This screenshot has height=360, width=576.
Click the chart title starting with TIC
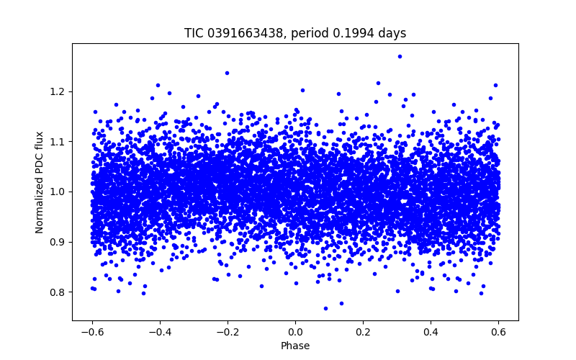tap(295, 33)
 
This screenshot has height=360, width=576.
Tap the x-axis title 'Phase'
tap(295, 346)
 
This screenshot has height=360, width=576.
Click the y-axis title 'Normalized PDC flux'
tap(40, 181)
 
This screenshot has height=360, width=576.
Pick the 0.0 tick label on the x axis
tap(295, 332)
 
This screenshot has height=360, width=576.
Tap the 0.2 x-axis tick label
tap(363, 332)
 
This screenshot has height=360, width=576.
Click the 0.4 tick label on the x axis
tap(431, 332)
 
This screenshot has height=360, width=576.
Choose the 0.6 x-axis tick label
tap(498, 332)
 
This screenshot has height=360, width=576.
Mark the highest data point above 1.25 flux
tap(400, 56)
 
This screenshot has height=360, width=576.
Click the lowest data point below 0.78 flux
tap(325, 308)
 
